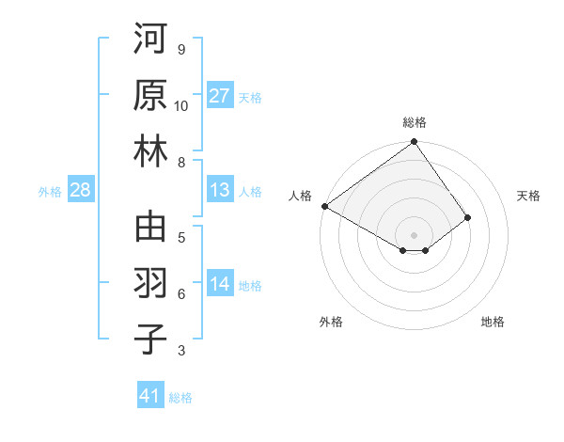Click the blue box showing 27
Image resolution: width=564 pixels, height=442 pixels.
click(x=220, y=96)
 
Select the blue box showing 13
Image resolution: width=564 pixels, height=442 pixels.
click(x=220, y=190)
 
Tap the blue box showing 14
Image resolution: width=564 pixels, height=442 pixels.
click(x=220, y=284)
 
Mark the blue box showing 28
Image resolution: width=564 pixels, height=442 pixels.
click(x=81, y=190)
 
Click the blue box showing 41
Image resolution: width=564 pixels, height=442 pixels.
click(x=150, y=396)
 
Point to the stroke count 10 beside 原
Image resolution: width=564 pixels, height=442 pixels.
click(x=181, y=105)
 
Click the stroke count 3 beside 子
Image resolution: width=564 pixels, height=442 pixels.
click(x=181, y=351)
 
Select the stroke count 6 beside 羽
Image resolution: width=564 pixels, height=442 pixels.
click(x=181, y=294)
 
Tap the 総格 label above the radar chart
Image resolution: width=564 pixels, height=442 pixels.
click(x=414, y=122)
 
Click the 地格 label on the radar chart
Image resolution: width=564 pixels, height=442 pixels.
click(x=493, y=322)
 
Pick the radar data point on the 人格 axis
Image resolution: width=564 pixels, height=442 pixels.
click(x=324, y=205)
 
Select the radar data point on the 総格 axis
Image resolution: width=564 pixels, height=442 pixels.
click(x=414, y=144)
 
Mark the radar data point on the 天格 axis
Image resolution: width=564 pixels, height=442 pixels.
click(x=468, y=217)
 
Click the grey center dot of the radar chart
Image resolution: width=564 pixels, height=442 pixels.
click(x=414, y=234)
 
